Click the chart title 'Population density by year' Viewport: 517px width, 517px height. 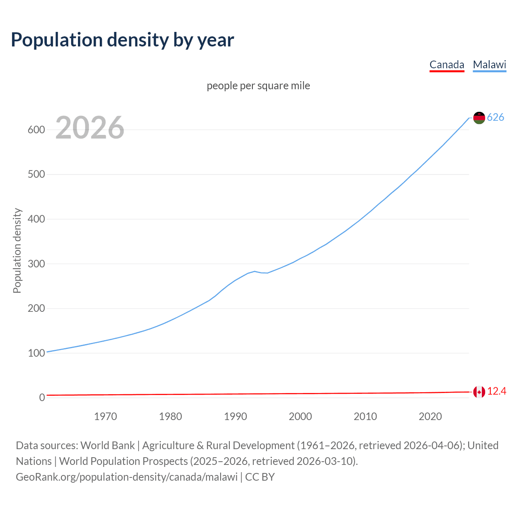pos(122,40)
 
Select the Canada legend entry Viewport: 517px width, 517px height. pos(447,65)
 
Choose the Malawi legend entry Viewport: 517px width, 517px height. pos(490,65)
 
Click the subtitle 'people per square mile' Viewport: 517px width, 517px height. pos(258,86)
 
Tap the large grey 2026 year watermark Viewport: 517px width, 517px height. pos(90,128)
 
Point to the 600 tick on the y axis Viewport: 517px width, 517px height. pos(36,130)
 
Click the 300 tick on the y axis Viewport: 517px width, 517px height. pos(36,264)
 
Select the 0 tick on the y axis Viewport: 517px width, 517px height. pos(42,397)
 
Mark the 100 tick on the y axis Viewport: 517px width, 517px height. pos(36,353)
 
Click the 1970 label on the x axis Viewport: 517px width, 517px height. pos(105,416)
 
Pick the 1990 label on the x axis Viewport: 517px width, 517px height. pos(235,416)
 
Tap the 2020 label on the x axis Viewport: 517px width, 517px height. pos(430,416)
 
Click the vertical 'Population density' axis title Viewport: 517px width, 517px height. pos(17,250)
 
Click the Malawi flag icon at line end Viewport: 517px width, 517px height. pos(479,118)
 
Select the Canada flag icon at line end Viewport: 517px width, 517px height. pos(479,392)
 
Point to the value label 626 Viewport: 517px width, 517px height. pos(496,117)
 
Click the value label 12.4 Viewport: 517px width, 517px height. pos(496,391)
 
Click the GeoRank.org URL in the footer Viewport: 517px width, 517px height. pos(127,477)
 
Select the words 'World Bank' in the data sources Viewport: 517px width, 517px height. pos(107,446)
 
